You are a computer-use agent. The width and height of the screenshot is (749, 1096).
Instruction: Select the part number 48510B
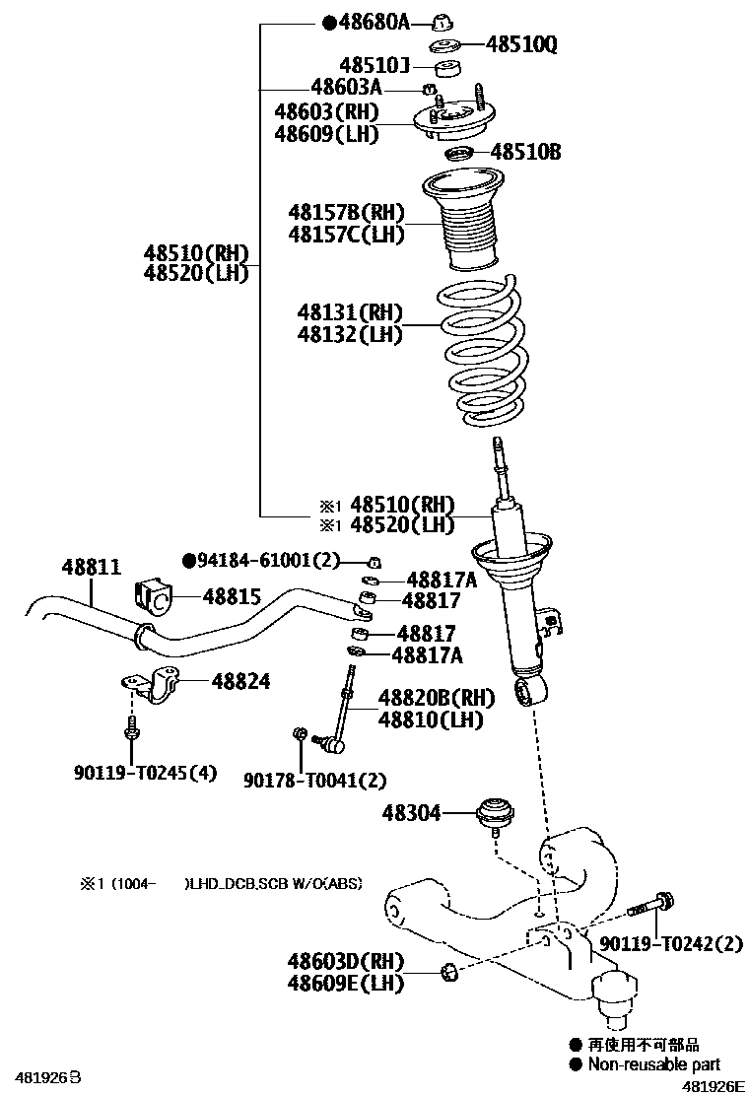tap(525, 152)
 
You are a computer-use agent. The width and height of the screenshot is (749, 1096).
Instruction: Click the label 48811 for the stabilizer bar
tap(91, 568)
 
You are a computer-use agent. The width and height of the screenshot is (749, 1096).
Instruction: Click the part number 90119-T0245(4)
tap(144, 773)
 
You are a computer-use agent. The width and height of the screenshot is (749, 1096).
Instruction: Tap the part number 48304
tap(411, 813)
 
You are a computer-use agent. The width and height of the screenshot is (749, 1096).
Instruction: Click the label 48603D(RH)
tap(346, 959)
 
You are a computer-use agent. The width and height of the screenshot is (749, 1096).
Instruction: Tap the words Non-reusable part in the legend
tap(653, 1063)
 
